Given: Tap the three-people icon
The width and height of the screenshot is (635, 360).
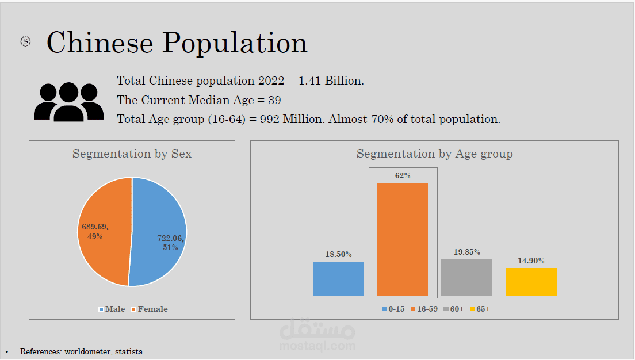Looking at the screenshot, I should click(x=68, y=102).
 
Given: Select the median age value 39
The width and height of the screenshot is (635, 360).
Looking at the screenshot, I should click(x=274, y=100).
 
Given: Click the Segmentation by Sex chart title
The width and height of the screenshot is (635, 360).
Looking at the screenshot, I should click(x=132, y=154).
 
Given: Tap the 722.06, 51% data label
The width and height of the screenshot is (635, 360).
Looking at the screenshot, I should click(x=171, y=242).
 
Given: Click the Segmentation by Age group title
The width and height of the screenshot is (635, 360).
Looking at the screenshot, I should click(x=434, y=154).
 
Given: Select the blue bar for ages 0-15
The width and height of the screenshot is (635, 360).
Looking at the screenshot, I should click(x=338, y=278).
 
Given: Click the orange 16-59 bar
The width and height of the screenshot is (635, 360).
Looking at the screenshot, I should click(x=403, y=239).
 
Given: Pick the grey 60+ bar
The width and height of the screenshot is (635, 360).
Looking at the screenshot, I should click(x=466, y=277).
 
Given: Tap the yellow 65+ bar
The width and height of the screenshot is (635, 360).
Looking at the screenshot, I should click(x=531, y=281).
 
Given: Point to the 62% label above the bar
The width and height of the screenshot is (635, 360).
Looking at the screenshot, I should click(x=403, y=175).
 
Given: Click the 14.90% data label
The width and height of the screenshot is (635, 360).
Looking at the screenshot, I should click(x=531, y=261).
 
